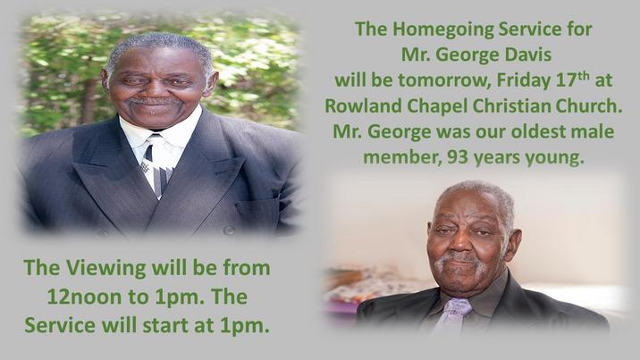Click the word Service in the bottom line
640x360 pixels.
click(60, 325)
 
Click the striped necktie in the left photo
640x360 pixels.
click(157, 163)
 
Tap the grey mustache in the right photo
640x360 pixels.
click(459, 261)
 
